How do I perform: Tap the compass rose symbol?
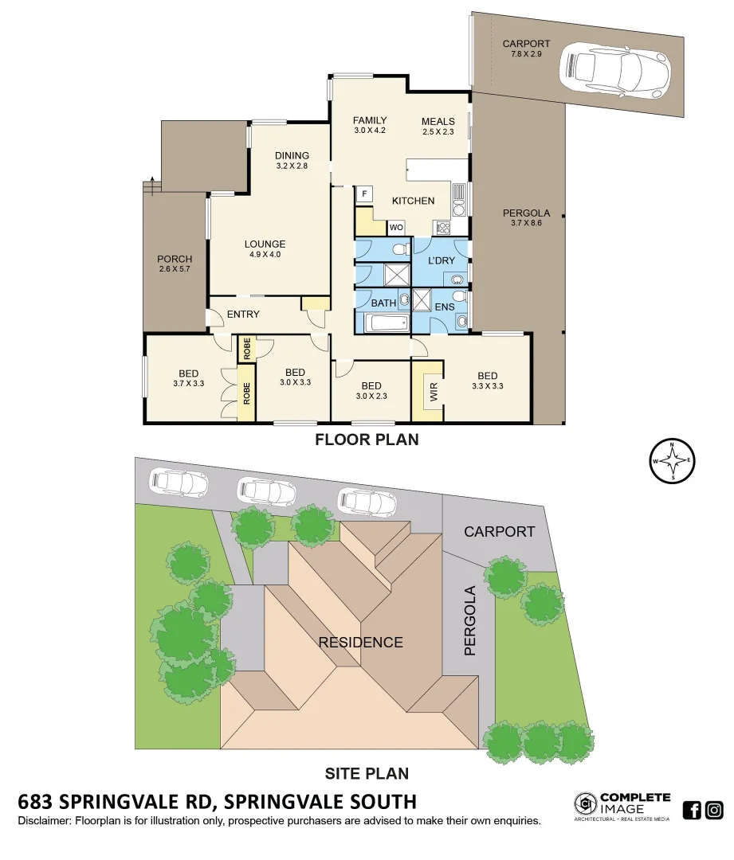[673, 461]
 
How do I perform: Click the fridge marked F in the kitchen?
[364, 193]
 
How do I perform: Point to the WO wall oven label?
[396, 228]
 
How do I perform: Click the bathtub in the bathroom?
[387, 323]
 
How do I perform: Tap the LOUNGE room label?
[265, 244]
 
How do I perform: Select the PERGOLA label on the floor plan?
[526, 213]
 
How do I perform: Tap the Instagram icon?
[714, 811]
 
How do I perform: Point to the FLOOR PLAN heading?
[367, 439]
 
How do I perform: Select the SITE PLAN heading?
[367, 772]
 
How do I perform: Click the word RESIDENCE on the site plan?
[361, 642]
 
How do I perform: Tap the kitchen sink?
[459, 193]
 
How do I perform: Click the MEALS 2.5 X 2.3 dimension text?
[438, 132]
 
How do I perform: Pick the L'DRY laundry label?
[441, 260]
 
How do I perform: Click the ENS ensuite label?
[444, 307]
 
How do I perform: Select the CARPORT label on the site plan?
[500, 531]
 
